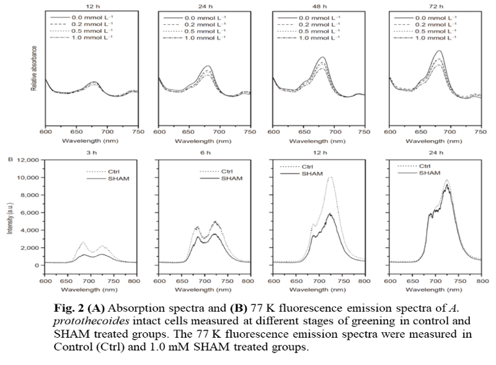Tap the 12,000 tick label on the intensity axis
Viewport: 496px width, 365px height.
click(x=29, y=160)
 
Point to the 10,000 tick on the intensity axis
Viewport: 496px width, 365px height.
click(x=29, y=178)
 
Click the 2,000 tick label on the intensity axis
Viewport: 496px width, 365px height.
click(x=31, y=248)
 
